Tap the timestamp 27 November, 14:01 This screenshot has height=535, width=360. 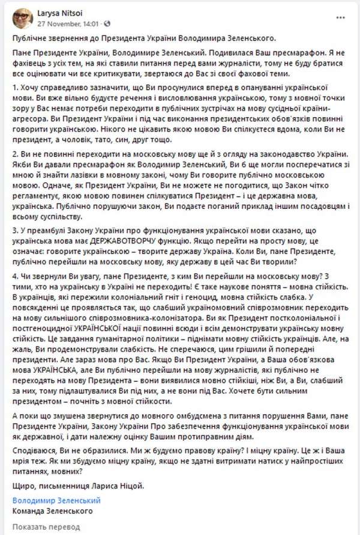(x=67, y=25)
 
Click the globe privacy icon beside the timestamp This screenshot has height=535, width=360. (x=107, y=25)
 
